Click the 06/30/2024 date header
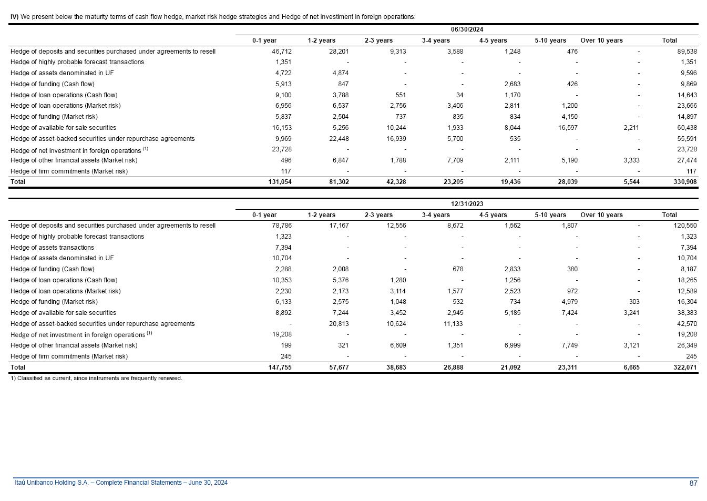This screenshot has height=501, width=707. (467, 29)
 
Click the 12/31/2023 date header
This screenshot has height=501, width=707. (467, 204)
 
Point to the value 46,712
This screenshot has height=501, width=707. (282, 52)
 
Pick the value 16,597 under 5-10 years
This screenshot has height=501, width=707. (568, 128)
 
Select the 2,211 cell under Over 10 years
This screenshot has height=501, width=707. (631, 128)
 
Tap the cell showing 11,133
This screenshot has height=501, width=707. (453, 324)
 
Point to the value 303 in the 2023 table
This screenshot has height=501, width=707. (634, 302)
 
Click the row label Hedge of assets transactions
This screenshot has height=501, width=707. (52, 248)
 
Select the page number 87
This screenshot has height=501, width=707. (693, 483)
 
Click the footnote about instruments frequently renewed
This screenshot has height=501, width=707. (96, 379)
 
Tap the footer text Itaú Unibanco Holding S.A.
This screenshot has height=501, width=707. (121, 483)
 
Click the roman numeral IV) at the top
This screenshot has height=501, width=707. (14, 17)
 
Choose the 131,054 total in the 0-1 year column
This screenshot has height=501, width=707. (280, 182)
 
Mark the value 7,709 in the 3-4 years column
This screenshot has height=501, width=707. (455, 160)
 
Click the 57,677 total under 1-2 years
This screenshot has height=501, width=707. (337, 367)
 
